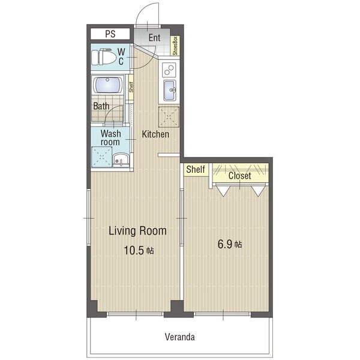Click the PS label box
point(110,34)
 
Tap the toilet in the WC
point(104,57)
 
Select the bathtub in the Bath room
point(107,85)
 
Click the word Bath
point(101,106)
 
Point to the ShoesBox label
point(176,46)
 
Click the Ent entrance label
point(154,38)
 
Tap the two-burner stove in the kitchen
point(169,70)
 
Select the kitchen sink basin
point(170,90)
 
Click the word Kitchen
point(155,134)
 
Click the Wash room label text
point(110,138)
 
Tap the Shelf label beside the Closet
point(196,169)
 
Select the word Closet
point(239,176)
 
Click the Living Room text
point(137,231)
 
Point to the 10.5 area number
point(134,250)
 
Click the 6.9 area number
point(225,244)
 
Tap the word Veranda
point(180,337)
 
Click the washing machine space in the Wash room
point(102,157)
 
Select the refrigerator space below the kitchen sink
point(169,117)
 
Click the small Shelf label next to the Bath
point(131,87)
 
